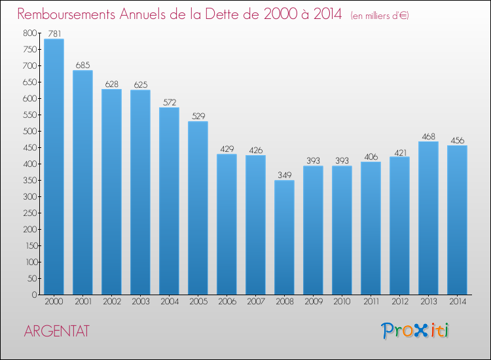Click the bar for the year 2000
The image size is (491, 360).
pyautogui.click(x=54, y=166)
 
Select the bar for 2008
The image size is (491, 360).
pyautogui.click(x=284, y=238)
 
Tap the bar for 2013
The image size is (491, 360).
pyautogui.click(x=428, y=218)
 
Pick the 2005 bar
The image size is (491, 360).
pyautogui.click(x=198, y=208)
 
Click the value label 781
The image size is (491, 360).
pyautogui.click(x=54, y=33)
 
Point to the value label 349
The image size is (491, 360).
pyautogui.click(x=284, y=175)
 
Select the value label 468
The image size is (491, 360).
pyautogui.click(x=428, y=137)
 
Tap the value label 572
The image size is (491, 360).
pyautogui.click(x=170, y=102)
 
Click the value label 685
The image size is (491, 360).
pyautogui.click(x=82, y=65)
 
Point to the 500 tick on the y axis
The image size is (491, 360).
pyautogui.click(x=30, y=131)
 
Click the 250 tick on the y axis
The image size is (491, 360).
pyautogui.click(x=30, y=213)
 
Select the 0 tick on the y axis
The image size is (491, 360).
pyautogui.click(x=35, y=295)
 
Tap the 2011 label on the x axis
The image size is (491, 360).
pyautogui.click(x=371, y=302)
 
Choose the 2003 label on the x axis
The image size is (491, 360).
pyautogui.click(x=141, y=302)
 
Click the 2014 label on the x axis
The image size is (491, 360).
pyautogui.click(x=458, y=302)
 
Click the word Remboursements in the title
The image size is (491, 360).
pyautogui.click(x=66, y=14)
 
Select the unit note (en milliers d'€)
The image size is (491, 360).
pyautogui.click(x=380, y=16)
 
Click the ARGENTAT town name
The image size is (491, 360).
pyautogui.click(x=57, y=331)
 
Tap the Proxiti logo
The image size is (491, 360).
pyautogui.click(x=415, y=331)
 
